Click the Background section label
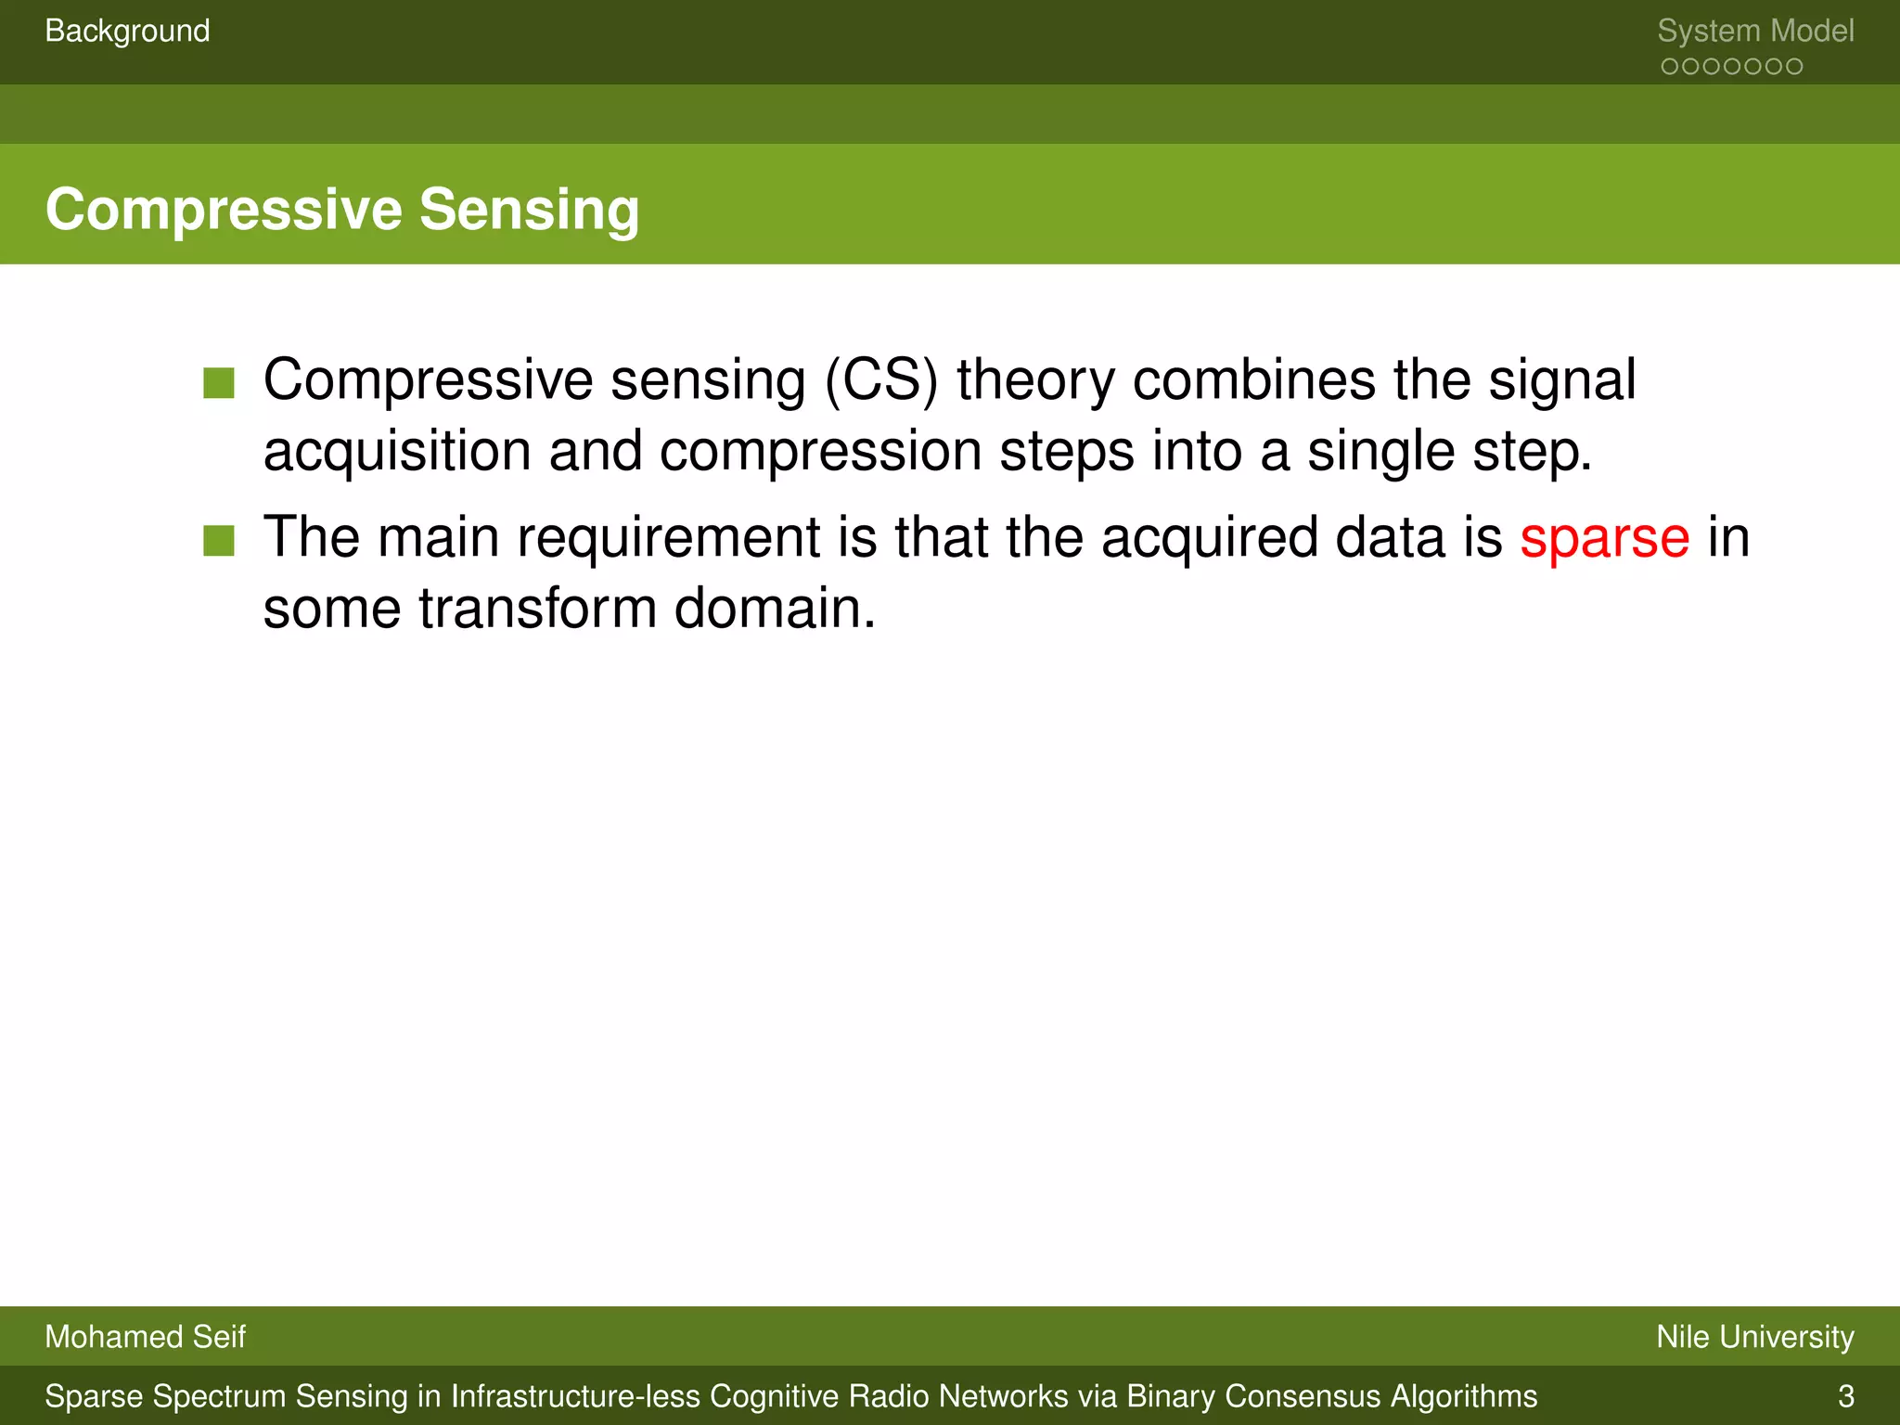(127, 32)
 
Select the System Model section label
(1755, 32)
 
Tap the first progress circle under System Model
(1670, 67)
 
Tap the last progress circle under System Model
(1794, 67)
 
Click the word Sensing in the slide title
(529, 210)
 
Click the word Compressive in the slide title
(224, 210)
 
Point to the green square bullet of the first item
(219, 382)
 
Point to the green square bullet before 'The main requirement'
(219, 540)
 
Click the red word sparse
(1604, 538)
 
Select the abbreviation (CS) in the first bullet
(881, 380)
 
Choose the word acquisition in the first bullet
(396, 452)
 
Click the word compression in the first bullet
(820, 452)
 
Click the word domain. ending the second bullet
(775, 610)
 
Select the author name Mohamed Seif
(145, 1337)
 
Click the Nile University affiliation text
(1755, 1337)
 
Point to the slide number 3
(1845, 1396)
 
